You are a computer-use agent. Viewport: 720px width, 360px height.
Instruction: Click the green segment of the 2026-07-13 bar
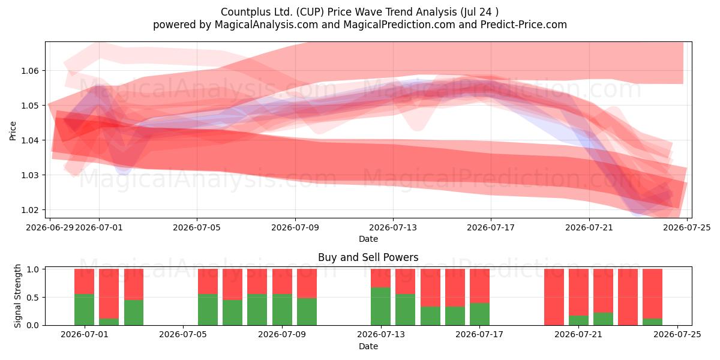[380, 307]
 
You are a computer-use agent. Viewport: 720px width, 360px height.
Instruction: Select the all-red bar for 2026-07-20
[554, 297]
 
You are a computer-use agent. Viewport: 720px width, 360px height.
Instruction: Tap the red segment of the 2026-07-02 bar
[109, 294]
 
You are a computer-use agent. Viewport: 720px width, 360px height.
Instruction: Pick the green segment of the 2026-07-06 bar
[208, 310]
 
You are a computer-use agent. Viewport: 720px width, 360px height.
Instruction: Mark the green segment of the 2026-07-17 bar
[479, 314]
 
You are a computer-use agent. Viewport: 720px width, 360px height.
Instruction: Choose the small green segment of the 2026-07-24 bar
[653, 322]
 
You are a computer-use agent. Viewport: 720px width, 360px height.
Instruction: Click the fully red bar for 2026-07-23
[628, 297]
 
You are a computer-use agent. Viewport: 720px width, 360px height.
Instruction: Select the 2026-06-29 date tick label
[50, 227]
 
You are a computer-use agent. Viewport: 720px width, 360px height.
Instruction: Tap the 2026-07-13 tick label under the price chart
[393, 227]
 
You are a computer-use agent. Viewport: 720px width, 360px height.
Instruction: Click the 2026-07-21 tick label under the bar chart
[578, 334]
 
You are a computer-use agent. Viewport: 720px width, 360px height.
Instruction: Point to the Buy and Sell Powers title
[368, 257]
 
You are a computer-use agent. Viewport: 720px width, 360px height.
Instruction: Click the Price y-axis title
[13, 131]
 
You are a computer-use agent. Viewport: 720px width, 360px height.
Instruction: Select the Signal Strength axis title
[17, 296]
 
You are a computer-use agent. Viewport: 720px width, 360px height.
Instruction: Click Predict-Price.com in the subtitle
[524, 25]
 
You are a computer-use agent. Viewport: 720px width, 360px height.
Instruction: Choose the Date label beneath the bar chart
[368, 346]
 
